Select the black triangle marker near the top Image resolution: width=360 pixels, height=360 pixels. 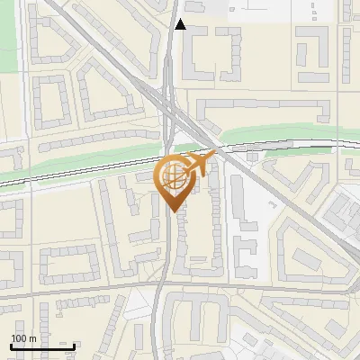click(180, 24)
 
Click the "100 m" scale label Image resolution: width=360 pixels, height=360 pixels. click(23, 338)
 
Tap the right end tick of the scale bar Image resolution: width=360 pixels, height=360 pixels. click(74, 346)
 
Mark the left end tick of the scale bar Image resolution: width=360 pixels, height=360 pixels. click(10, 346)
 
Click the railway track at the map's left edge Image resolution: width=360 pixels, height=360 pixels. click(9, 184)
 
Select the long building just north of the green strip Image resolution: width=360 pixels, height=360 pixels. click(261, 111)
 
